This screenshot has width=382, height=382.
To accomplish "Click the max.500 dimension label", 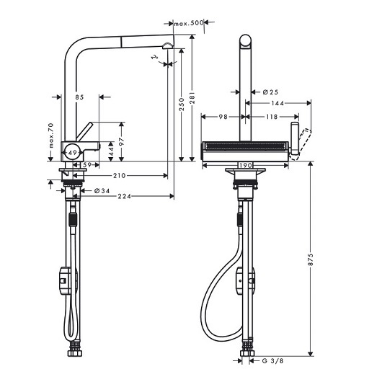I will (189, 23).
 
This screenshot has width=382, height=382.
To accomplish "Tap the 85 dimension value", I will (79, 96).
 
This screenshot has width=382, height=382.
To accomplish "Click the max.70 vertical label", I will (51, 138).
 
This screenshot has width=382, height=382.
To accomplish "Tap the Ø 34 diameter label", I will (101, 190).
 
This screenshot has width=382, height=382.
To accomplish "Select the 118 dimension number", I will (272, 116).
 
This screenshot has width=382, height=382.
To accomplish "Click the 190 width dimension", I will (246, 165).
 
